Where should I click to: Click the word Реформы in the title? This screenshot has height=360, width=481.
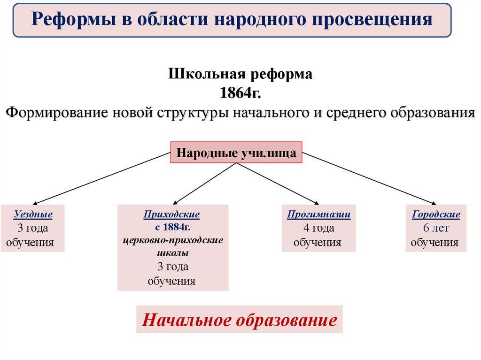(x=66, y=19)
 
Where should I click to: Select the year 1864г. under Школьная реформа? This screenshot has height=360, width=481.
(x=240, y=92)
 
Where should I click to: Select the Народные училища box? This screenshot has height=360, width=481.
(x=236, y=153)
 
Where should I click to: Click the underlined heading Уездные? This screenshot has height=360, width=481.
(x=33, y=214)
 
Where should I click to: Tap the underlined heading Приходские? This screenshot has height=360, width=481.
(x=172, y=214)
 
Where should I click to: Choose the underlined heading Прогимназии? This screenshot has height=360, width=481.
(x=319, y=214)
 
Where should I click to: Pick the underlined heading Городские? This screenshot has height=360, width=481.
(x=436, y=214)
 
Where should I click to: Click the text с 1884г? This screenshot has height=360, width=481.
(x=172, y=228)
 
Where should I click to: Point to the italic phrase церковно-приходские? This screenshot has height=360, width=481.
(x=173, y=240)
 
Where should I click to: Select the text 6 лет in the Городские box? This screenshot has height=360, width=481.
(x=435, y=229)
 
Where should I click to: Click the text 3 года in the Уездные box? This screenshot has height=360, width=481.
(x=33, y=229)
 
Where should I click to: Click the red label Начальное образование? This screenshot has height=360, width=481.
(x=239, y=320)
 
